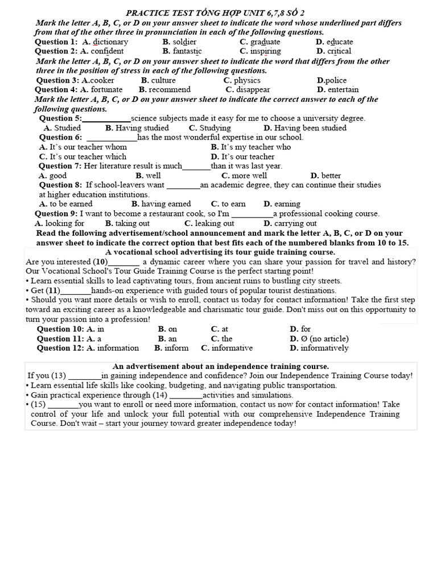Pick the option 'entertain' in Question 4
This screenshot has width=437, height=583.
[343, 89]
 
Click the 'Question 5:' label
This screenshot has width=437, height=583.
[60, 118]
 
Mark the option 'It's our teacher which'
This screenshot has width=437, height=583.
[83, 157]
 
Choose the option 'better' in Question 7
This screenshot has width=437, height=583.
[331, 176]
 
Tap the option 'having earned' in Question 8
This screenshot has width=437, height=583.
[166, 204]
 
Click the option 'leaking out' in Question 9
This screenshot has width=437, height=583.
[214, 223]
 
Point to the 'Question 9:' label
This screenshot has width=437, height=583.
[57, 214]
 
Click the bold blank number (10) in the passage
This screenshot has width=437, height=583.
[101, 262]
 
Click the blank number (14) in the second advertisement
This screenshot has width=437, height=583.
[159, 395]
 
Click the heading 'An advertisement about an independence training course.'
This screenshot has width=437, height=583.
[221, 366]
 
